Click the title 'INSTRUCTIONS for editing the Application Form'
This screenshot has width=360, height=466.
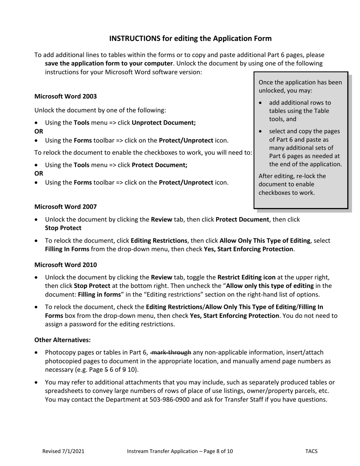[190, 38]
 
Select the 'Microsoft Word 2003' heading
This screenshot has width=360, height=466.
[66, 96]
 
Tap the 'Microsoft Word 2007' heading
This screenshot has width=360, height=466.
[66, 206]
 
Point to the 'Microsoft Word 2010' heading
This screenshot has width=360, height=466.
[66, 264]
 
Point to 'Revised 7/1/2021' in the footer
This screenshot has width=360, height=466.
[63, 451]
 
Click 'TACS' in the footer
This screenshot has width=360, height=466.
[311, 451]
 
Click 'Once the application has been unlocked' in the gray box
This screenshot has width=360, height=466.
[300, 86]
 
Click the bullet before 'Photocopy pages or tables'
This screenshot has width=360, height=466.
[36, 353]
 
